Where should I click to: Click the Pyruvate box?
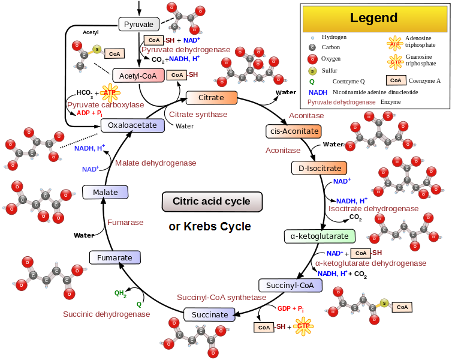pyautogui.click(x=139, y=24)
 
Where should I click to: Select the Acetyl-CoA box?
pyautogui.click(x=138, y=76)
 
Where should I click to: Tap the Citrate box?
pyautogui.click(x=212, y=97)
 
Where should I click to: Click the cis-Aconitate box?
pyautogui.click(x=294, y=131)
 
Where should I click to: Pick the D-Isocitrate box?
pyautogui.click(x=319, y=168)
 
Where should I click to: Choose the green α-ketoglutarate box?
pyautogui.click(x=320, y=236)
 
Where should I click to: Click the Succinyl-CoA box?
pyautogui.click(x=290, y=285)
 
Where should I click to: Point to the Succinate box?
pyautogui.click(x=210, y=314)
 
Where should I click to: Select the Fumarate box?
pyautogui.click(x=115, y=257)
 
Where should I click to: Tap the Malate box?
pyautogui.click(x=106, y=192)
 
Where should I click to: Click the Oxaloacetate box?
pyautogui.click(x=132, y=125)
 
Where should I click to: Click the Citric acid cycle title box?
pyautogui.click(x=212, y=202)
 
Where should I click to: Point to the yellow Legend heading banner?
pyautogui.click(x=374, y=18)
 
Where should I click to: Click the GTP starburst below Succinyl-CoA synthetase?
pyautogui.click(x=303, y=326)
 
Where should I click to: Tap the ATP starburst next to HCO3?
pyautogui.click(x=110, y=93)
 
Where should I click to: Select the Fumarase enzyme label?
pyautogui.click(x=125, y=223)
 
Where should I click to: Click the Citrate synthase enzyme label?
pyautogui.click(x=198, y=115)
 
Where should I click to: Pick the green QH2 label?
pyautogui.click(x=120, y=293)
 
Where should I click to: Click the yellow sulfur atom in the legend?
pyautogui.click(x=312, y=71)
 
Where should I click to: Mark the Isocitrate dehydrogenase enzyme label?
pyautogui.click(x=373, y=209)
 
